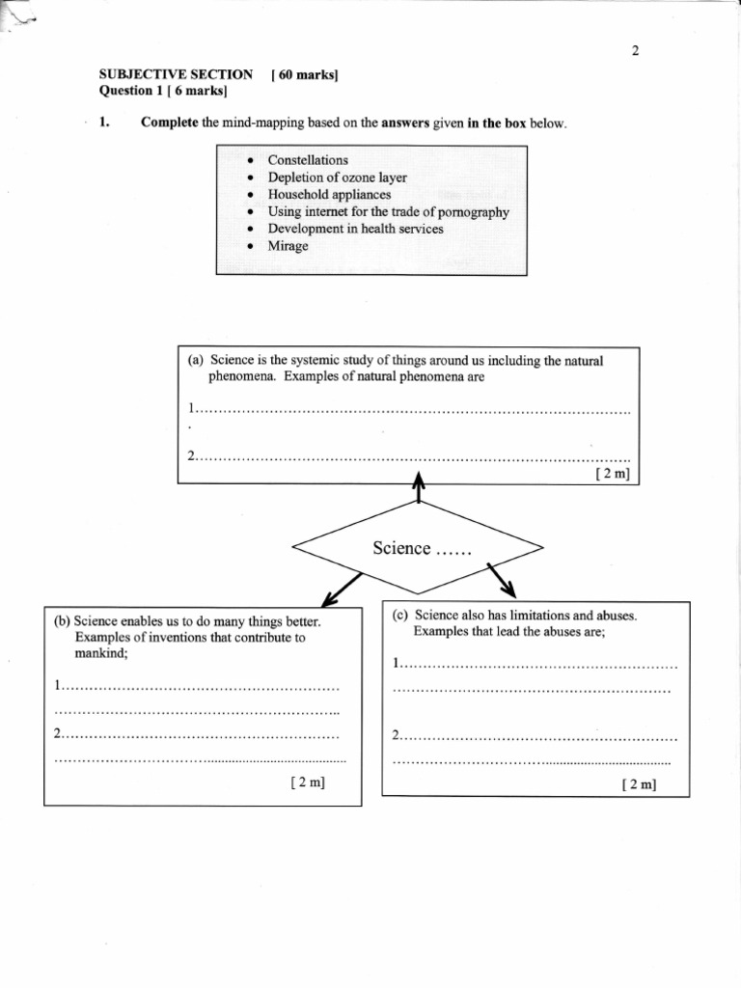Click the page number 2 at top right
[x=635, y=51]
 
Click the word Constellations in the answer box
[x=308, y=160]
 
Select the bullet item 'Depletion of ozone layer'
[x=337, y=178]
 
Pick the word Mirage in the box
[x=288, y=246]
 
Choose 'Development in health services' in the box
[x=355, y=229]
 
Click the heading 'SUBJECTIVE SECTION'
[x=176, y=74]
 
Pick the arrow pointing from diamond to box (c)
[x=503, y=580]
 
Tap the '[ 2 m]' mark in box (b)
[x=308, y=782]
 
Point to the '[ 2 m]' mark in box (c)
[x=639, y=783]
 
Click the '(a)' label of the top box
[x=196, y=361]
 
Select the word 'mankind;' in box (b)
[x=101, y=653]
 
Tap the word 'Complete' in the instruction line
[x=170, y=123]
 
